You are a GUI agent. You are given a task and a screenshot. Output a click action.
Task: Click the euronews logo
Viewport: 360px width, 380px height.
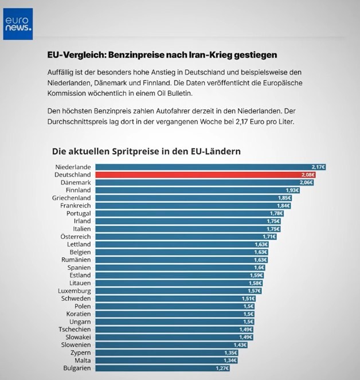coord(18,23)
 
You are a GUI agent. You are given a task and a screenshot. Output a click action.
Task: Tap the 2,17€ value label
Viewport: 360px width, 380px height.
coord(318,167)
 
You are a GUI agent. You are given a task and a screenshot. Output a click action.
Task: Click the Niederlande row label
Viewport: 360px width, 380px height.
coord(72,167)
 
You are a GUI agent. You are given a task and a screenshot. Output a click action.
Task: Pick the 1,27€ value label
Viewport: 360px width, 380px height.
coord(222,368)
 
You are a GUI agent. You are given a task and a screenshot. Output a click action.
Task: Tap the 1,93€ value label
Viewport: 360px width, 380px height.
coord(292,190)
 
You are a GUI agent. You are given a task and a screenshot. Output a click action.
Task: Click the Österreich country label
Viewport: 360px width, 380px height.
coord(76,236)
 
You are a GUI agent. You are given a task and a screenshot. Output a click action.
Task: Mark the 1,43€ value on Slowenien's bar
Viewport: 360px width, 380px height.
coord(240,345)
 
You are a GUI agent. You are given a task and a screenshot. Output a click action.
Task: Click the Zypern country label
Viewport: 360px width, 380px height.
coord(79,352)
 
